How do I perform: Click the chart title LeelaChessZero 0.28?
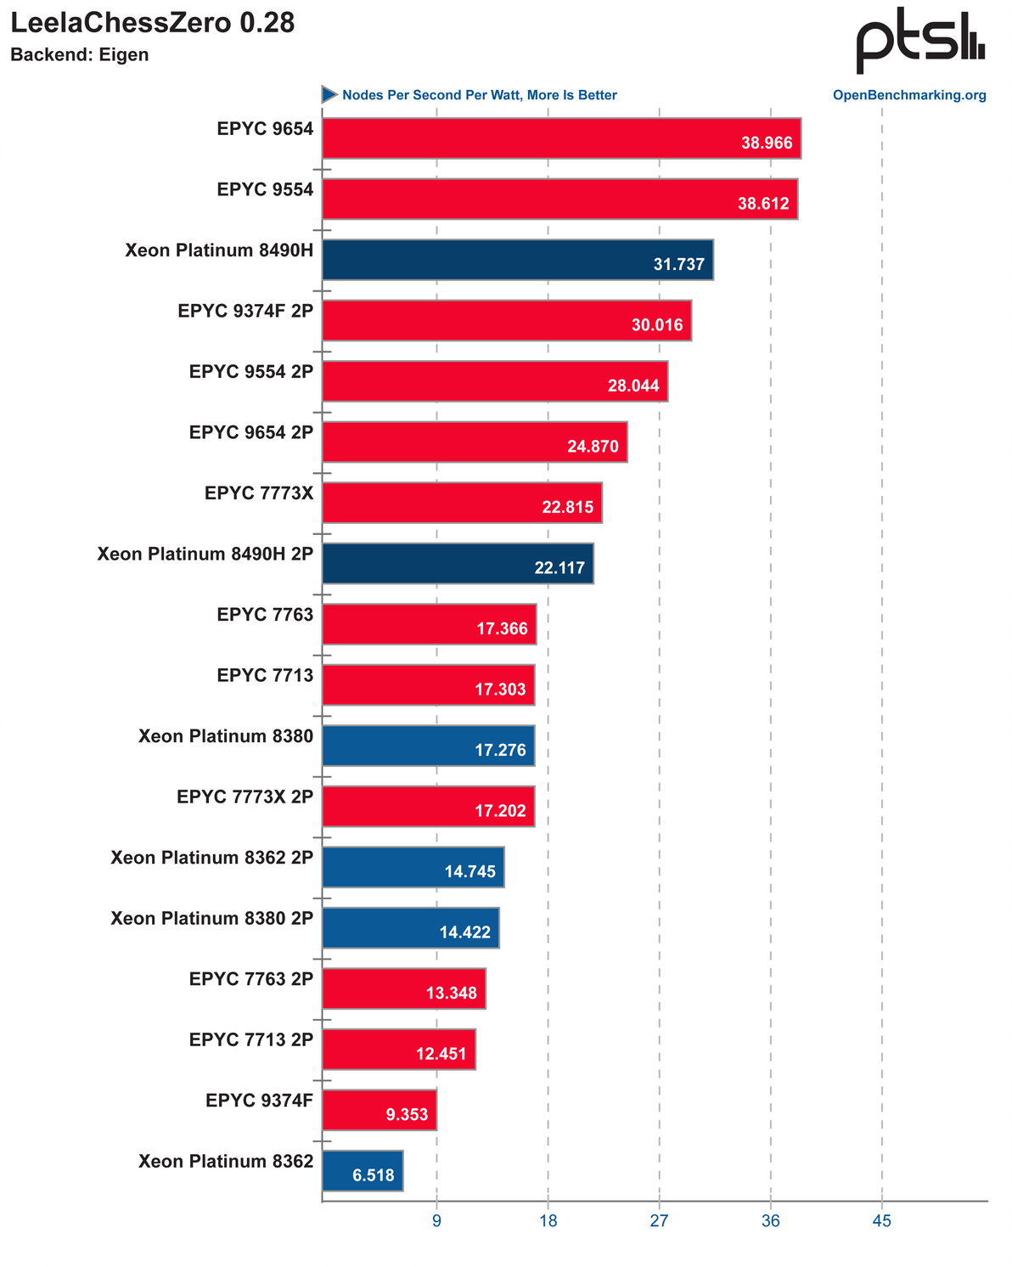[x=153, y=23]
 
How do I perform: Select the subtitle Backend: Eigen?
[x=79, y=55]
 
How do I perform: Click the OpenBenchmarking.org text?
[x=909, y=95]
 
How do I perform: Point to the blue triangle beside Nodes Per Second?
[x=329, y=94]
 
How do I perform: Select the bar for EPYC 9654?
[x=560, y=138]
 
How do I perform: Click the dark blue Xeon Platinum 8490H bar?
[x=517, y=259]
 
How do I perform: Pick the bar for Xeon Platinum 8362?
[x=363, y=1171]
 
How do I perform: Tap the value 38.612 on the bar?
[x=763, y=204]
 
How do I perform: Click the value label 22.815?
[x=567, y=508]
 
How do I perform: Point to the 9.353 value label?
[x=407, y=1115]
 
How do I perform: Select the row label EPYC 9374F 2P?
[x=245, y=311]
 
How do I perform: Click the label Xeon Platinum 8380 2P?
[x=212, y=918]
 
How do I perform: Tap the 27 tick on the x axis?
[x=659, y=1221]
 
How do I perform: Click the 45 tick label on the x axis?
[x=881, y=1221]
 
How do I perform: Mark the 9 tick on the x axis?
[x=436, y=1221]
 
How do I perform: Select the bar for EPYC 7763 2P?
[x=403, y=988]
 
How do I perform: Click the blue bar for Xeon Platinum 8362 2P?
[x=413, y=867]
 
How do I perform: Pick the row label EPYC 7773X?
[x=259, y=493]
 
